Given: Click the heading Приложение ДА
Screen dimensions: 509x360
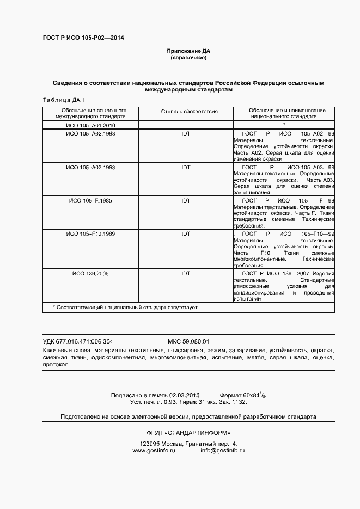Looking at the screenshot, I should click(188, 51).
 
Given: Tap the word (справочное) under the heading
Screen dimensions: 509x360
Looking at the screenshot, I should click(188, 57).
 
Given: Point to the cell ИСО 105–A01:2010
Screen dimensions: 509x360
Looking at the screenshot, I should click(90, 125).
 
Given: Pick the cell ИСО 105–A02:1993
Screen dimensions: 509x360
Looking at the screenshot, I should click(90, 133).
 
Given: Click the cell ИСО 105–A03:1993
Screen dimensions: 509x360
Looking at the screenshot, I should click(90, 167).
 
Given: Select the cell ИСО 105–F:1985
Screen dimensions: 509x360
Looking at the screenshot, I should click(90, 200).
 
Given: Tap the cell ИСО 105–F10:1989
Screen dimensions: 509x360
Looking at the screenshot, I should click(90, 234).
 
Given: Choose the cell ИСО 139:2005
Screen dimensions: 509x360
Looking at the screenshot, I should click(90, 273).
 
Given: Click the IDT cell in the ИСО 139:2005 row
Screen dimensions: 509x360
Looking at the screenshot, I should click(186, 273).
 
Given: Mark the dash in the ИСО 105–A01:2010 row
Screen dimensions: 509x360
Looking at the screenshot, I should click(186, 126).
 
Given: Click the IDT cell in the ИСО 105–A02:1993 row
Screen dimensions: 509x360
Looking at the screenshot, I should click(186, 133).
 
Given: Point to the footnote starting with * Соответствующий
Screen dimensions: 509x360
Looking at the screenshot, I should click(125, 308).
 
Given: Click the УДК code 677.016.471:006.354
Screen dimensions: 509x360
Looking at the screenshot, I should click(86, 341).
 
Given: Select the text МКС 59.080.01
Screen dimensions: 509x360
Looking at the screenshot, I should click(188, 341).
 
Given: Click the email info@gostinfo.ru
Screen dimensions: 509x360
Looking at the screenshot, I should click(222, 451).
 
